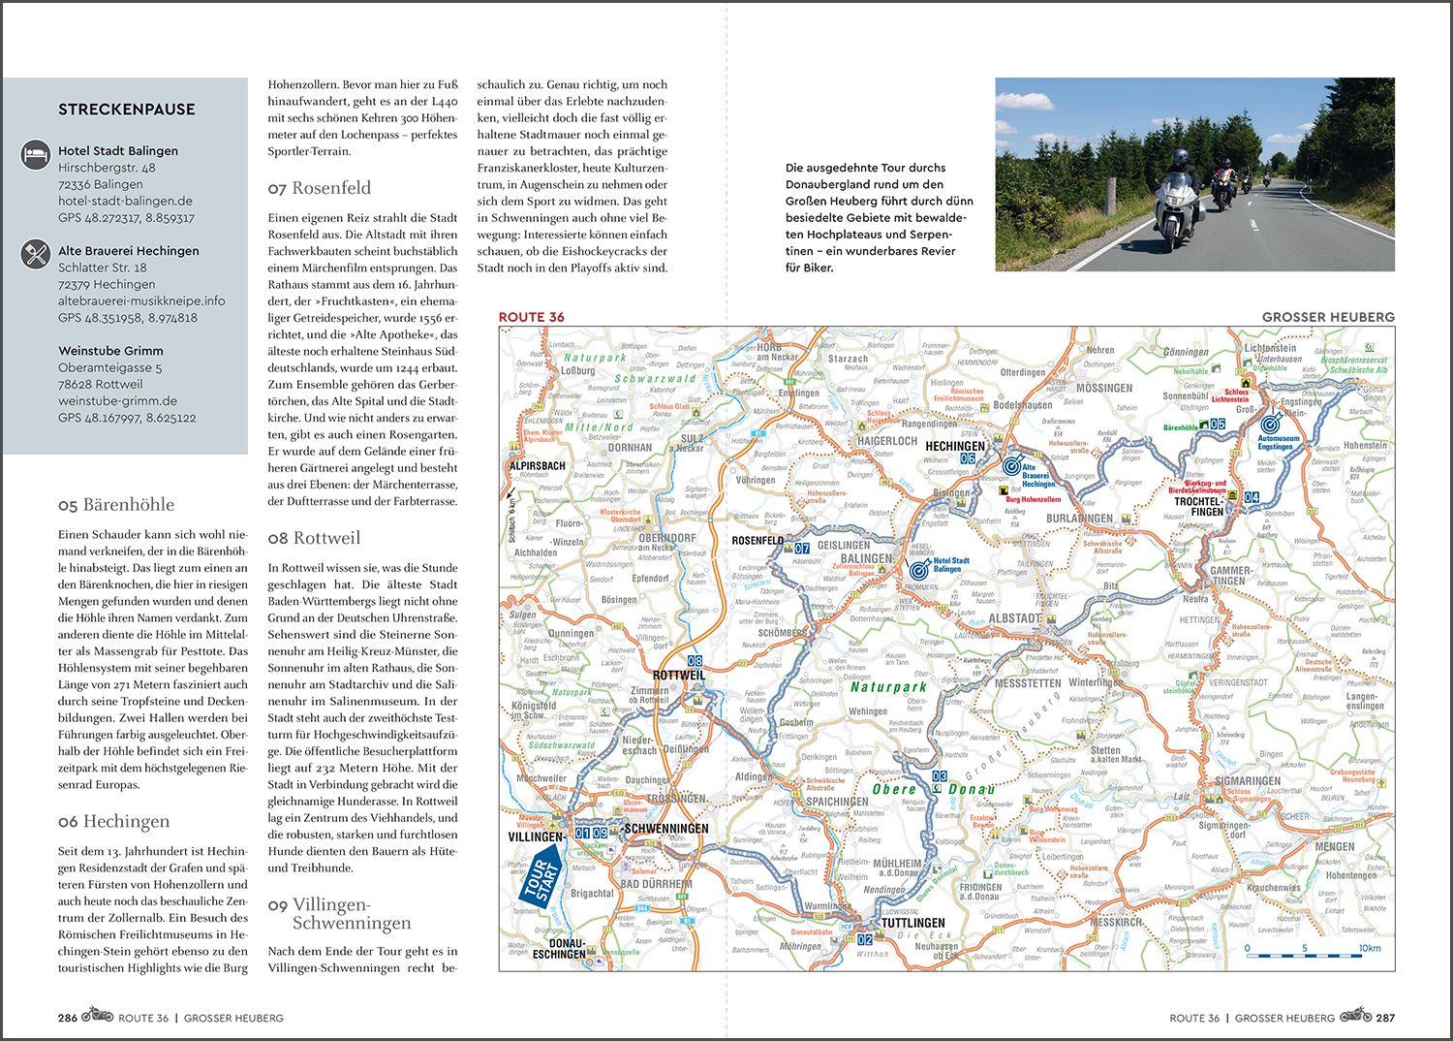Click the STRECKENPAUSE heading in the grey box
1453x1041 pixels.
click(x=127, y=110)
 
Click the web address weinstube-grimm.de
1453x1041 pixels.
click(x=117, y=400)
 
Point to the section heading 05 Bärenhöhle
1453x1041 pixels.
click(x=116, y=505)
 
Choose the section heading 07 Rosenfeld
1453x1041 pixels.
click(x=320, y=188)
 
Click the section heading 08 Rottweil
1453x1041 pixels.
click(x=314, y=538)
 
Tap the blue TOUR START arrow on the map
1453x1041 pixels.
click(x=543, y=874)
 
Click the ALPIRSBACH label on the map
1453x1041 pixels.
click(x=537, y=465)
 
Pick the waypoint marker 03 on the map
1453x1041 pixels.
click(x=940, y=776)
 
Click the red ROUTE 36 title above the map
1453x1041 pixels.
click(x=530, y=317)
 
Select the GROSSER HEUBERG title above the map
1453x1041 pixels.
click(x=1328, y=317)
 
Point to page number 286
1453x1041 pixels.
click(x=68, y=1018)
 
